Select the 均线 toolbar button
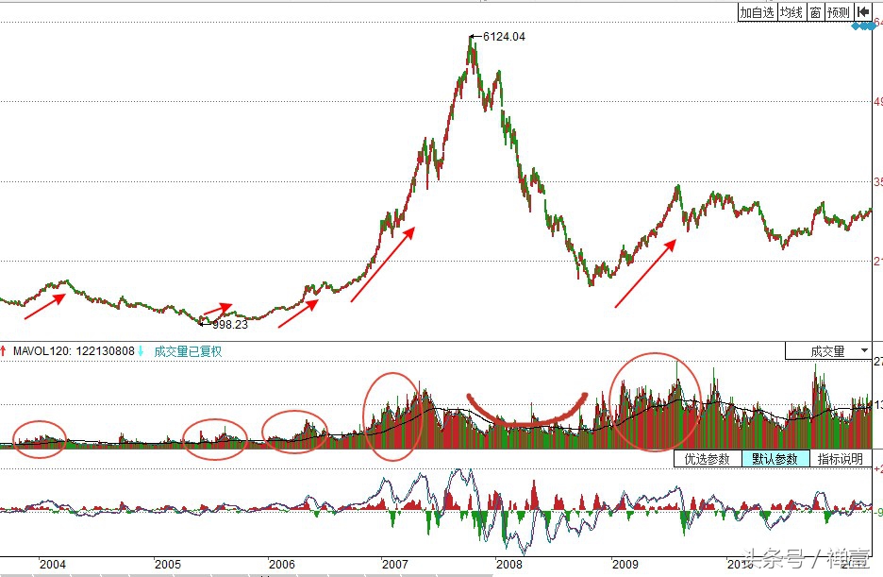tap(790, 12)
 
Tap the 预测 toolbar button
tap(838, 12)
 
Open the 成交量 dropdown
tap(828, 350)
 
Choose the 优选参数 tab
tap(707, 459)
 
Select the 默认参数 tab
tap(775, 459)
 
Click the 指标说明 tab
tap(840, 459)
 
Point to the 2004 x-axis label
tap(53, 564)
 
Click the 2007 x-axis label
tap(393, 564)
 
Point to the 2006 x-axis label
tap(282, 564)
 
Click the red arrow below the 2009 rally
tap(645, 274)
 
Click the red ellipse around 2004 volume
tap(40, 438)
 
